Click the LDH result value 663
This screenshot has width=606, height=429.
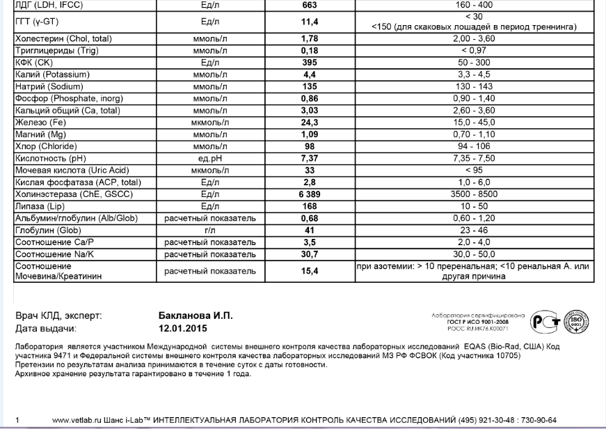pyautogui.click(x=310, y=6)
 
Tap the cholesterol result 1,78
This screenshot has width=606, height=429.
pyautogui.click(x=310, y=38)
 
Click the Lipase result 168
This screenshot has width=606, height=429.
pyautogui.click(x=310, y=206)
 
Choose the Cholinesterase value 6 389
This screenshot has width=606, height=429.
pyautogui.click(x=310, y=194)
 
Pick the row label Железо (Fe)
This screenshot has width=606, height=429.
pyautogui.click(x=38, y=123)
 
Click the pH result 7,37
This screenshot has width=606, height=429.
pyautogui.click(x=310, y=158)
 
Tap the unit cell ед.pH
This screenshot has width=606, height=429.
pyautogui.click(x=210, y=158)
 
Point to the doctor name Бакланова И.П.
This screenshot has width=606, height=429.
pyautogui.click(x=196, y=315)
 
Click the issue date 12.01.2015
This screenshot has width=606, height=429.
pyautogui.click(x=184, y=328)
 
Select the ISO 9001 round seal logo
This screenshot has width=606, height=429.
pyautogui.click(x=576, y=320)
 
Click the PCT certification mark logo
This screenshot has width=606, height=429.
pyautogui.click(x=543, y=320)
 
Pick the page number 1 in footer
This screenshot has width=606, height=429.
pyautogui.click(x=17, y=420)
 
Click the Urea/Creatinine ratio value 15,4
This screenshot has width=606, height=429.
pyautogui.click(x=310, y=271)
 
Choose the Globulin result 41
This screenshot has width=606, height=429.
pyautogui.click(x=310, y=230)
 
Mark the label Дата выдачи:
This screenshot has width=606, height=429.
pyautogui.click(x=46, y=328)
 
